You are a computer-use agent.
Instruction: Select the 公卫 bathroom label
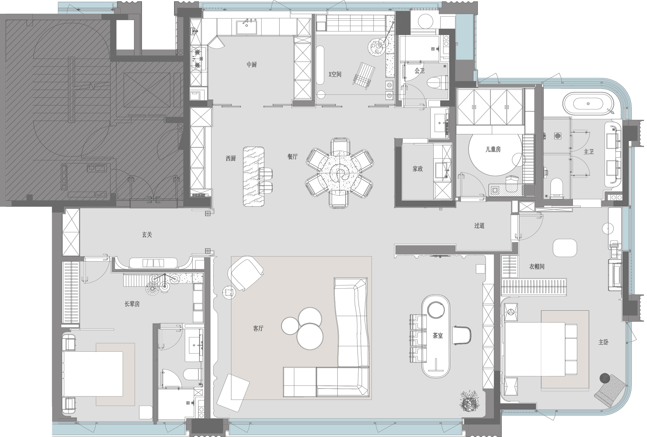point(420,71)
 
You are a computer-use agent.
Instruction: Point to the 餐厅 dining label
point(292,157)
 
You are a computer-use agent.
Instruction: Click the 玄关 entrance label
point(147,235)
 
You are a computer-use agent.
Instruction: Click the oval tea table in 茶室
point(436,336)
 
